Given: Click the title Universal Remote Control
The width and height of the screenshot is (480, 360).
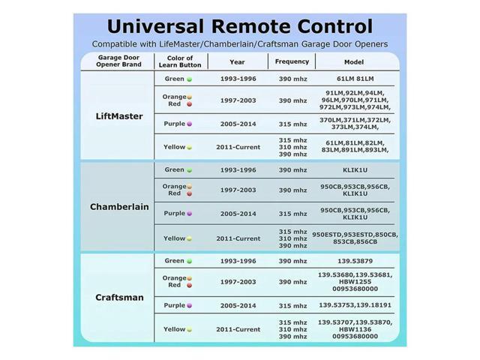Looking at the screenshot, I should [x=240, y=26].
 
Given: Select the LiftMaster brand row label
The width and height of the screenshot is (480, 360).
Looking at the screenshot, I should [x=119, y=116].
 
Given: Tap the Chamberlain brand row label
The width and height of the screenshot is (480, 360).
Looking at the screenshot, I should [x=119, y=206].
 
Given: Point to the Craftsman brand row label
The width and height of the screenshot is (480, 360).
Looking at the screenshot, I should [x=119, y=297].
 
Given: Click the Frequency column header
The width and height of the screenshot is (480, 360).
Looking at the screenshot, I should [x=292, y=61].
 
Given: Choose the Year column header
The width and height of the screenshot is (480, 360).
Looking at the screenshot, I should [x=237, y=62].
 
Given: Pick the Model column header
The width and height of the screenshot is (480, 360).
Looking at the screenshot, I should [x=354, y=62].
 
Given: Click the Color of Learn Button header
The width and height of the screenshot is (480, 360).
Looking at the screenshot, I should [x=180, y=61].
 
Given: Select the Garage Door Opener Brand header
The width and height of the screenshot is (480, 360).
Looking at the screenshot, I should [x=118, y=61].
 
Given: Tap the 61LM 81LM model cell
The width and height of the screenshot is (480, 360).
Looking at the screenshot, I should [x=354, y=78].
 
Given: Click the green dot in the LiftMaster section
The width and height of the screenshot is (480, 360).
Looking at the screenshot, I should [x=189, y=79].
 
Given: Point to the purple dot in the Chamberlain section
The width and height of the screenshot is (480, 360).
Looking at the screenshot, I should [x=190, y=214].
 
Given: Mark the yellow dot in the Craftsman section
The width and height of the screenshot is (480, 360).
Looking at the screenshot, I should [x=190, y=329].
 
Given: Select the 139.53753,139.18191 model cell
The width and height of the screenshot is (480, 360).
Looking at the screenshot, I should [x=354, y=305].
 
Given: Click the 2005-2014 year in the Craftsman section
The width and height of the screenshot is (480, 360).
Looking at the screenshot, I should [x=238, y=305].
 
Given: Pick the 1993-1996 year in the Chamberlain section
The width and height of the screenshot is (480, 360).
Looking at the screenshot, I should [x=238, y=169].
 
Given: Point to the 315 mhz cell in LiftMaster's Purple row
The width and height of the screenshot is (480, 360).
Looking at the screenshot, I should [x=292, y=123].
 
